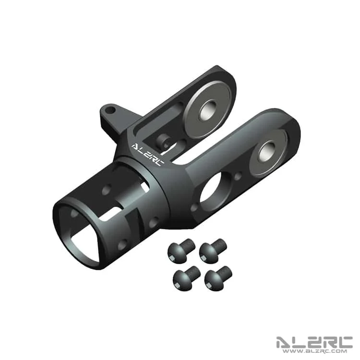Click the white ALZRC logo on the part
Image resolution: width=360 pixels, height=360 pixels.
(148, 154)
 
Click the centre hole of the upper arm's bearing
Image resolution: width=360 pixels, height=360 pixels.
(208, 112)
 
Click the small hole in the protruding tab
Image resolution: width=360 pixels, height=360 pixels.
(111, 109)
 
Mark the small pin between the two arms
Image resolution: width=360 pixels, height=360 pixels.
(163, 141)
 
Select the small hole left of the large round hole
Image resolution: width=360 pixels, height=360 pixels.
(194, 207)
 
